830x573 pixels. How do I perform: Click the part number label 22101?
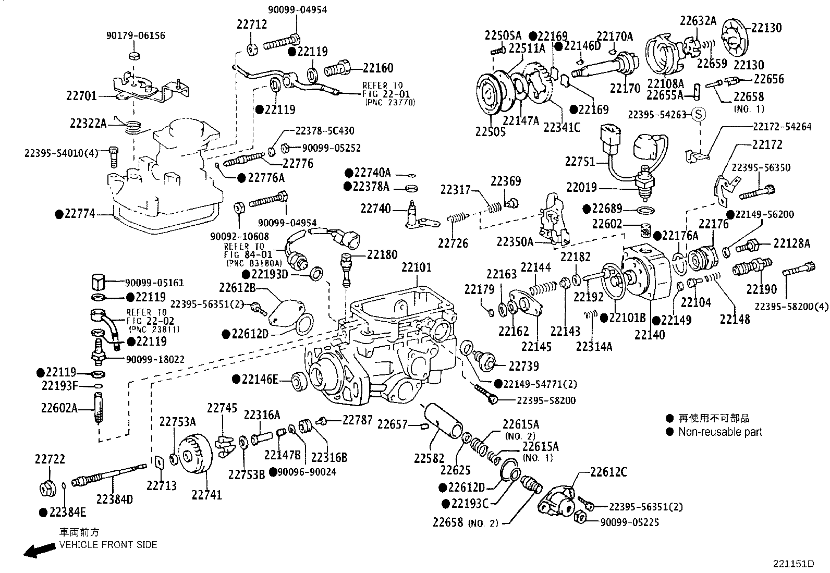tap(416, 267)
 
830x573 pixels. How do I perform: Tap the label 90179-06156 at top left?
tap(136, 35)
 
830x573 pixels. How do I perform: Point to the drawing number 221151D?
tap(793, 564)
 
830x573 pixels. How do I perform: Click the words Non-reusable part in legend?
tap(720, 432)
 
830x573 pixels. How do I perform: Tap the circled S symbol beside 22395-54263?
tap(699, 114)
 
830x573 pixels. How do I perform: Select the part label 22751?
tap(579, 162)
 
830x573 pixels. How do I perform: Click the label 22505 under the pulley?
tap(490, 132)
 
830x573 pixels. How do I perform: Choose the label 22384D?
tap(114, 499)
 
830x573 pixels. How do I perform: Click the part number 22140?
tap(650, 334)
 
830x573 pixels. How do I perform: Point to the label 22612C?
tap(608, 472)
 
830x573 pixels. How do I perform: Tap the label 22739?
tap(523, 366)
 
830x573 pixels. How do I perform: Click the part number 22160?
tap(378, 68)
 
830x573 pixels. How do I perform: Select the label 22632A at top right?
tap(698, 21)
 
